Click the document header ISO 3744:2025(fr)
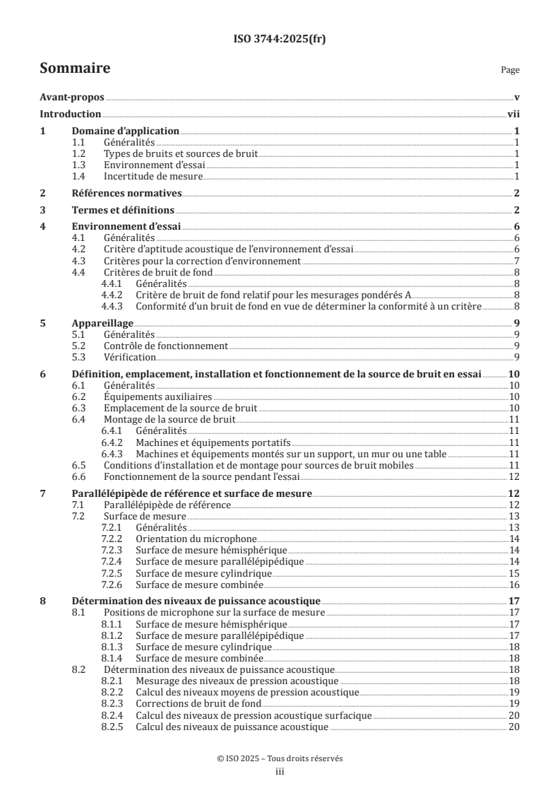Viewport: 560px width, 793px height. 280,40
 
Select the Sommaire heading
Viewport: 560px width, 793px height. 74,69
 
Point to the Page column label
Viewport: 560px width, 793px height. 510,70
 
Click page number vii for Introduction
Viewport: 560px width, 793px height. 514,114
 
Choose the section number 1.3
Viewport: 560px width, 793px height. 82,165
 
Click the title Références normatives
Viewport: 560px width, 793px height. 127,193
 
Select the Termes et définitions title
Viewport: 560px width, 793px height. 123,210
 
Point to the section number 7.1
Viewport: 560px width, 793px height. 82,505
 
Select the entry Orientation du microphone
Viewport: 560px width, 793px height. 186,539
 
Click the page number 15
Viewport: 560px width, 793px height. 515,572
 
